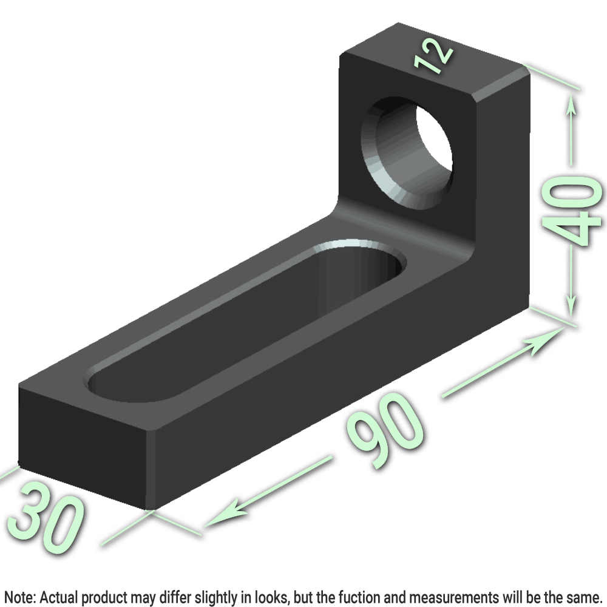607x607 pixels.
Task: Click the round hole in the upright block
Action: point(407,153)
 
